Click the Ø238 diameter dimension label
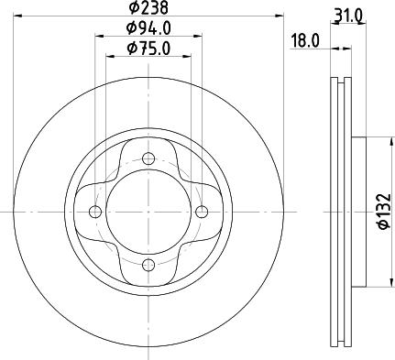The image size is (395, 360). (148, 7)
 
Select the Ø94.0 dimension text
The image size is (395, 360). (148, 28)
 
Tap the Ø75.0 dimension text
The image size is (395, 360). (148, 49)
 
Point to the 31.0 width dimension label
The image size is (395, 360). (348, 16)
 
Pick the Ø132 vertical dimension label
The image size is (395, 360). (384, 212)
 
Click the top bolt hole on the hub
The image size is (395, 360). (148, 158)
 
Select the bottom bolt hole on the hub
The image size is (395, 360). (148, 265)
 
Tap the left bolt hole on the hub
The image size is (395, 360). (95, 212)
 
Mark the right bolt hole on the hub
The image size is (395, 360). (202, 212)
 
